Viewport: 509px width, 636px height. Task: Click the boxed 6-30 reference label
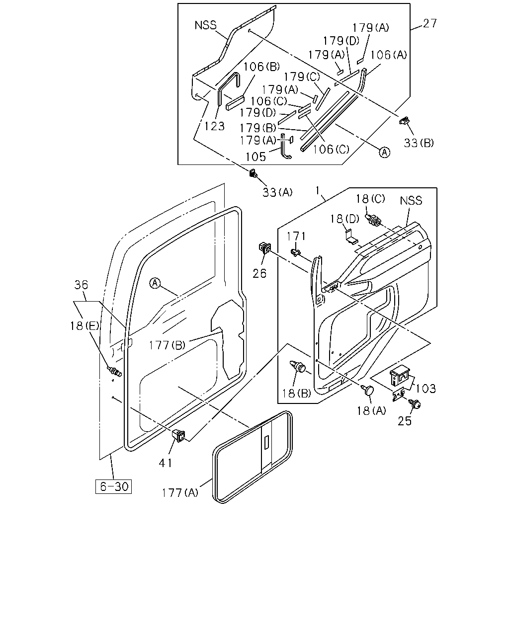[x=113, y=486]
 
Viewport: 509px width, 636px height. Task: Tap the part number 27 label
[x=430, y=23]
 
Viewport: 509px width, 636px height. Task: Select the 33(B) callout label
[x=419, y=143]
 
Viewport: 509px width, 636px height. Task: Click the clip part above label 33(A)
[x=253, y=173]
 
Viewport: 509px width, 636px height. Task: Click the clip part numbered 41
[x=179, y=436]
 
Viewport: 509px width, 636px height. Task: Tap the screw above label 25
[x=415, y=403]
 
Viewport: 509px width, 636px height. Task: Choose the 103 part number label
[x=425, y=389]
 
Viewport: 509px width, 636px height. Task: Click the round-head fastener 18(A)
[x=368, y=390]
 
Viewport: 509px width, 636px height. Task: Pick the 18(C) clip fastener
[x=373, y=221]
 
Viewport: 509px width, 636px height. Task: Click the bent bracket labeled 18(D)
[x=351, y=237]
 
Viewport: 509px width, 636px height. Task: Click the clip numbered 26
[x=265, y=248]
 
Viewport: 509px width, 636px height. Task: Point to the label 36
[x=81, y=285]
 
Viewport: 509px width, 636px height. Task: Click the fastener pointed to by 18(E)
[x=115, y=371]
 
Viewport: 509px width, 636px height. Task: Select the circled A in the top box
[x=384, y=152]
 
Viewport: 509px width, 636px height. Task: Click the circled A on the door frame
[x=155, y=283]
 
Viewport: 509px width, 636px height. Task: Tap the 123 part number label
[x=214, y=126]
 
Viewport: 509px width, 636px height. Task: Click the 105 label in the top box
[x=256, y=157]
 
